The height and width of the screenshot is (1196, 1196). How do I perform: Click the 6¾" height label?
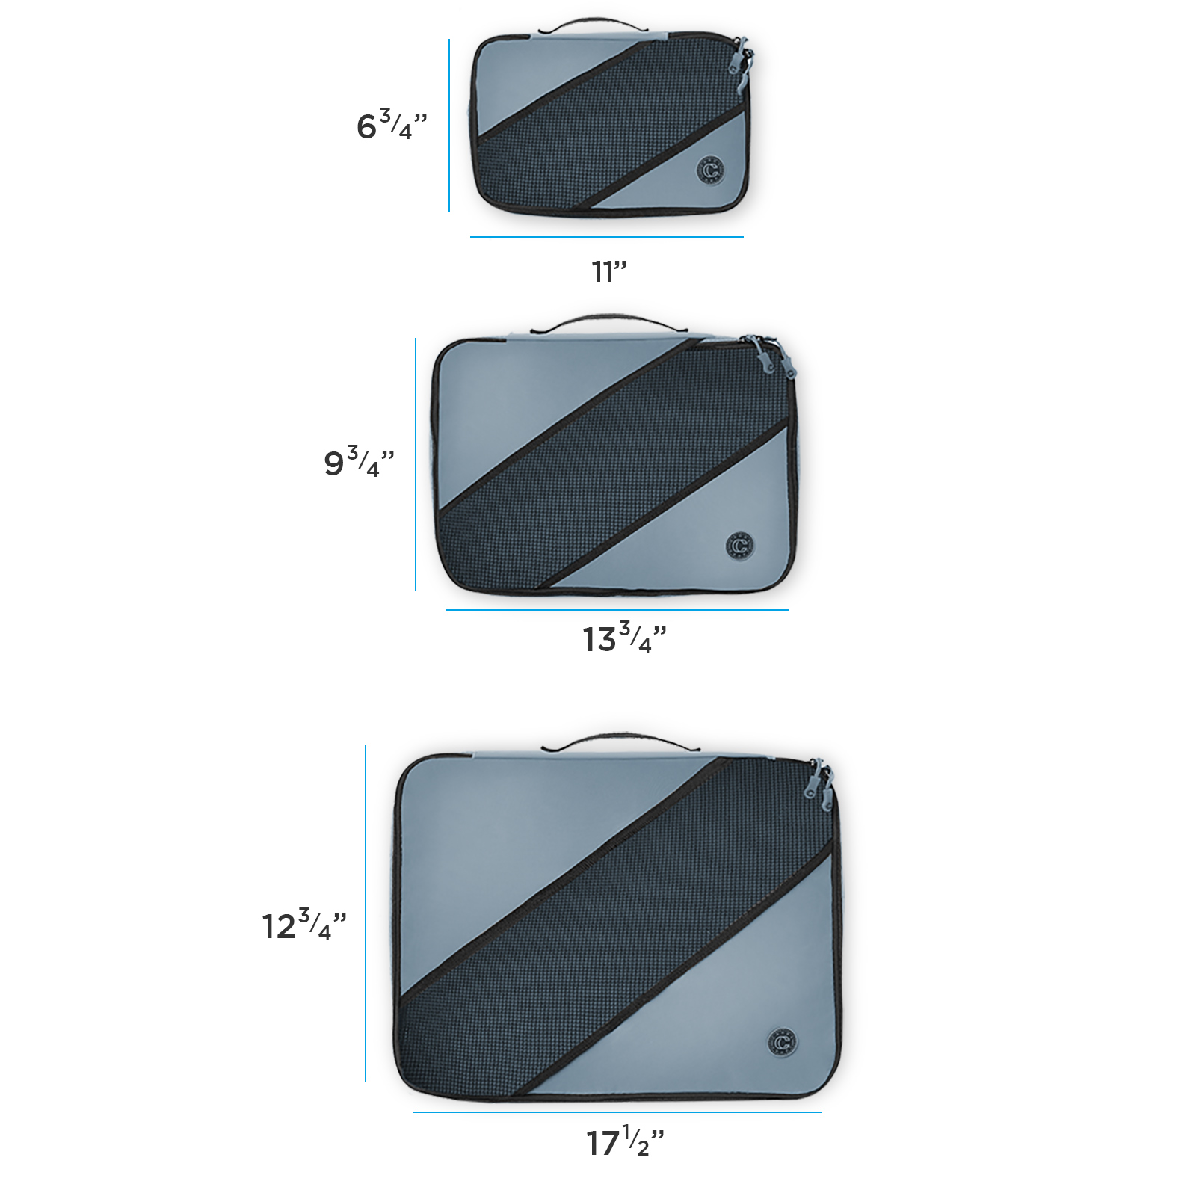[x=392, y=125]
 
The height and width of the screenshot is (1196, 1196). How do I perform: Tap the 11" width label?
[x=609, y=271]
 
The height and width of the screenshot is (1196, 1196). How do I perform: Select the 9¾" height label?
[x=359, y=462]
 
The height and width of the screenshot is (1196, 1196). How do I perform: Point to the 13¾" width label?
[x=624, y=638]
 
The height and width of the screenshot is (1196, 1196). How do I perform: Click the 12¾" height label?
[x=304, y=925]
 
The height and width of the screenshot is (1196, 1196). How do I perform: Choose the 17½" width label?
[x=625, y=1141]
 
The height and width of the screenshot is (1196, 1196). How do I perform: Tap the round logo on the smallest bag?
[x=711, y=170]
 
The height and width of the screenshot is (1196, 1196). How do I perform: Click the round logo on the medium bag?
[x=740, y=545]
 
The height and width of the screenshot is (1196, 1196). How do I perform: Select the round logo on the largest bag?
[x=783, y=1041]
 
